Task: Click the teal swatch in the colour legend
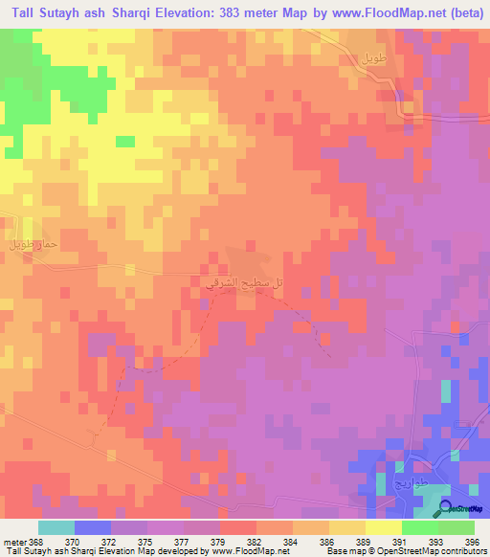tap(56, 528)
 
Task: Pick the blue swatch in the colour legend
tap(93, 528)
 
